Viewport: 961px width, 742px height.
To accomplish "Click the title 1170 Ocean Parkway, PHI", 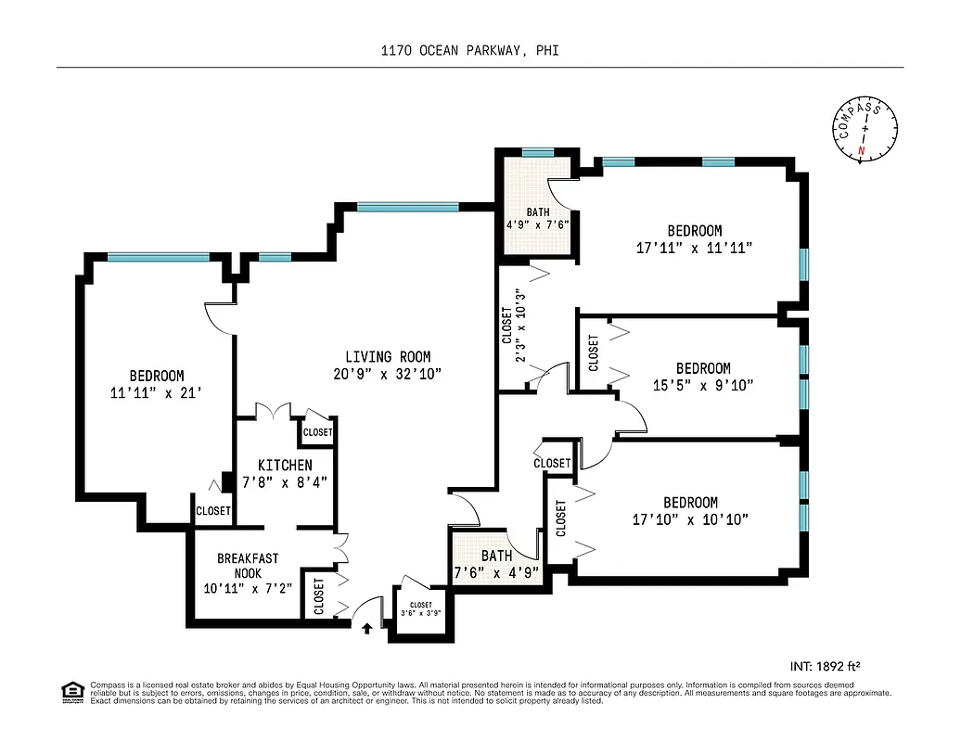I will (x=469, y=52).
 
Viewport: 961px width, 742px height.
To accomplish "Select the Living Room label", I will (x=388, y=357).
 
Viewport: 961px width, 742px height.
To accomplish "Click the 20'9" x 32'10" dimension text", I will (x=388, y=374).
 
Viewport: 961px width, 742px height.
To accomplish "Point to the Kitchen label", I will (x=285, y=465).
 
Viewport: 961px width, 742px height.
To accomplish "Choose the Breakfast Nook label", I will (x=248, y=566).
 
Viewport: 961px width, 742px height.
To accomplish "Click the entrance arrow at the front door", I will (x=366, y=628).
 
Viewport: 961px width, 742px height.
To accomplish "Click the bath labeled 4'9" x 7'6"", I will (x=536, y=219).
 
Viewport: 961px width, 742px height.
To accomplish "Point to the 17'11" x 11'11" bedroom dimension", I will (x=694, y=248).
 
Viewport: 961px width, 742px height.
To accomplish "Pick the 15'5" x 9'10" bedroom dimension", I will (x=702, y=385).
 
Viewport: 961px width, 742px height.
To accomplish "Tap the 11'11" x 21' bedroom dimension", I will (x=156, y=392).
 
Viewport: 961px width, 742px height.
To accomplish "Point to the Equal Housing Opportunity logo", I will (x=70, y=691).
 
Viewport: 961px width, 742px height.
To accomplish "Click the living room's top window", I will (x=407, y=207).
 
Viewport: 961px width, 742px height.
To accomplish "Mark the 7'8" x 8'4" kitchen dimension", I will (x=285, y=481).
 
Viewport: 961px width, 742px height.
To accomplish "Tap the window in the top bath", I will (x=537, y=153).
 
